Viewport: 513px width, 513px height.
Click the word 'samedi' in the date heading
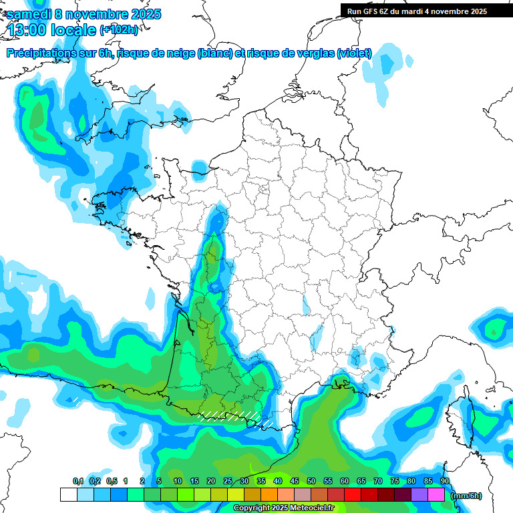point(29,14)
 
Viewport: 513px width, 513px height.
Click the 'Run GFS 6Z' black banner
point(417,11)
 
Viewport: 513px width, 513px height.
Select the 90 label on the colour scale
point(445,481)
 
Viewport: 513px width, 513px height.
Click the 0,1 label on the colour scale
point(77,481)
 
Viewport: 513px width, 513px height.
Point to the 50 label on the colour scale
point(311,481)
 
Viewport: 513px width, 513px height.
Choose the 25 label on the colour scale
point(228,481)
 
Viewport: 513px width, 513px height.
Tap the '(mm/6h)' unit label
point(467,495)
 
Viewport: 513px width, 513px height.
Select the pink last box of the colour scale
point(436,494)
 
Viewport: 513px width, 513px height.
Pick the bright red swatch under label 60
point(353,494)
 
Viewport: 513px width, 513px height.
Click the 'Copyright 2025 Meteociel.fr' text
point(283,508)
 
